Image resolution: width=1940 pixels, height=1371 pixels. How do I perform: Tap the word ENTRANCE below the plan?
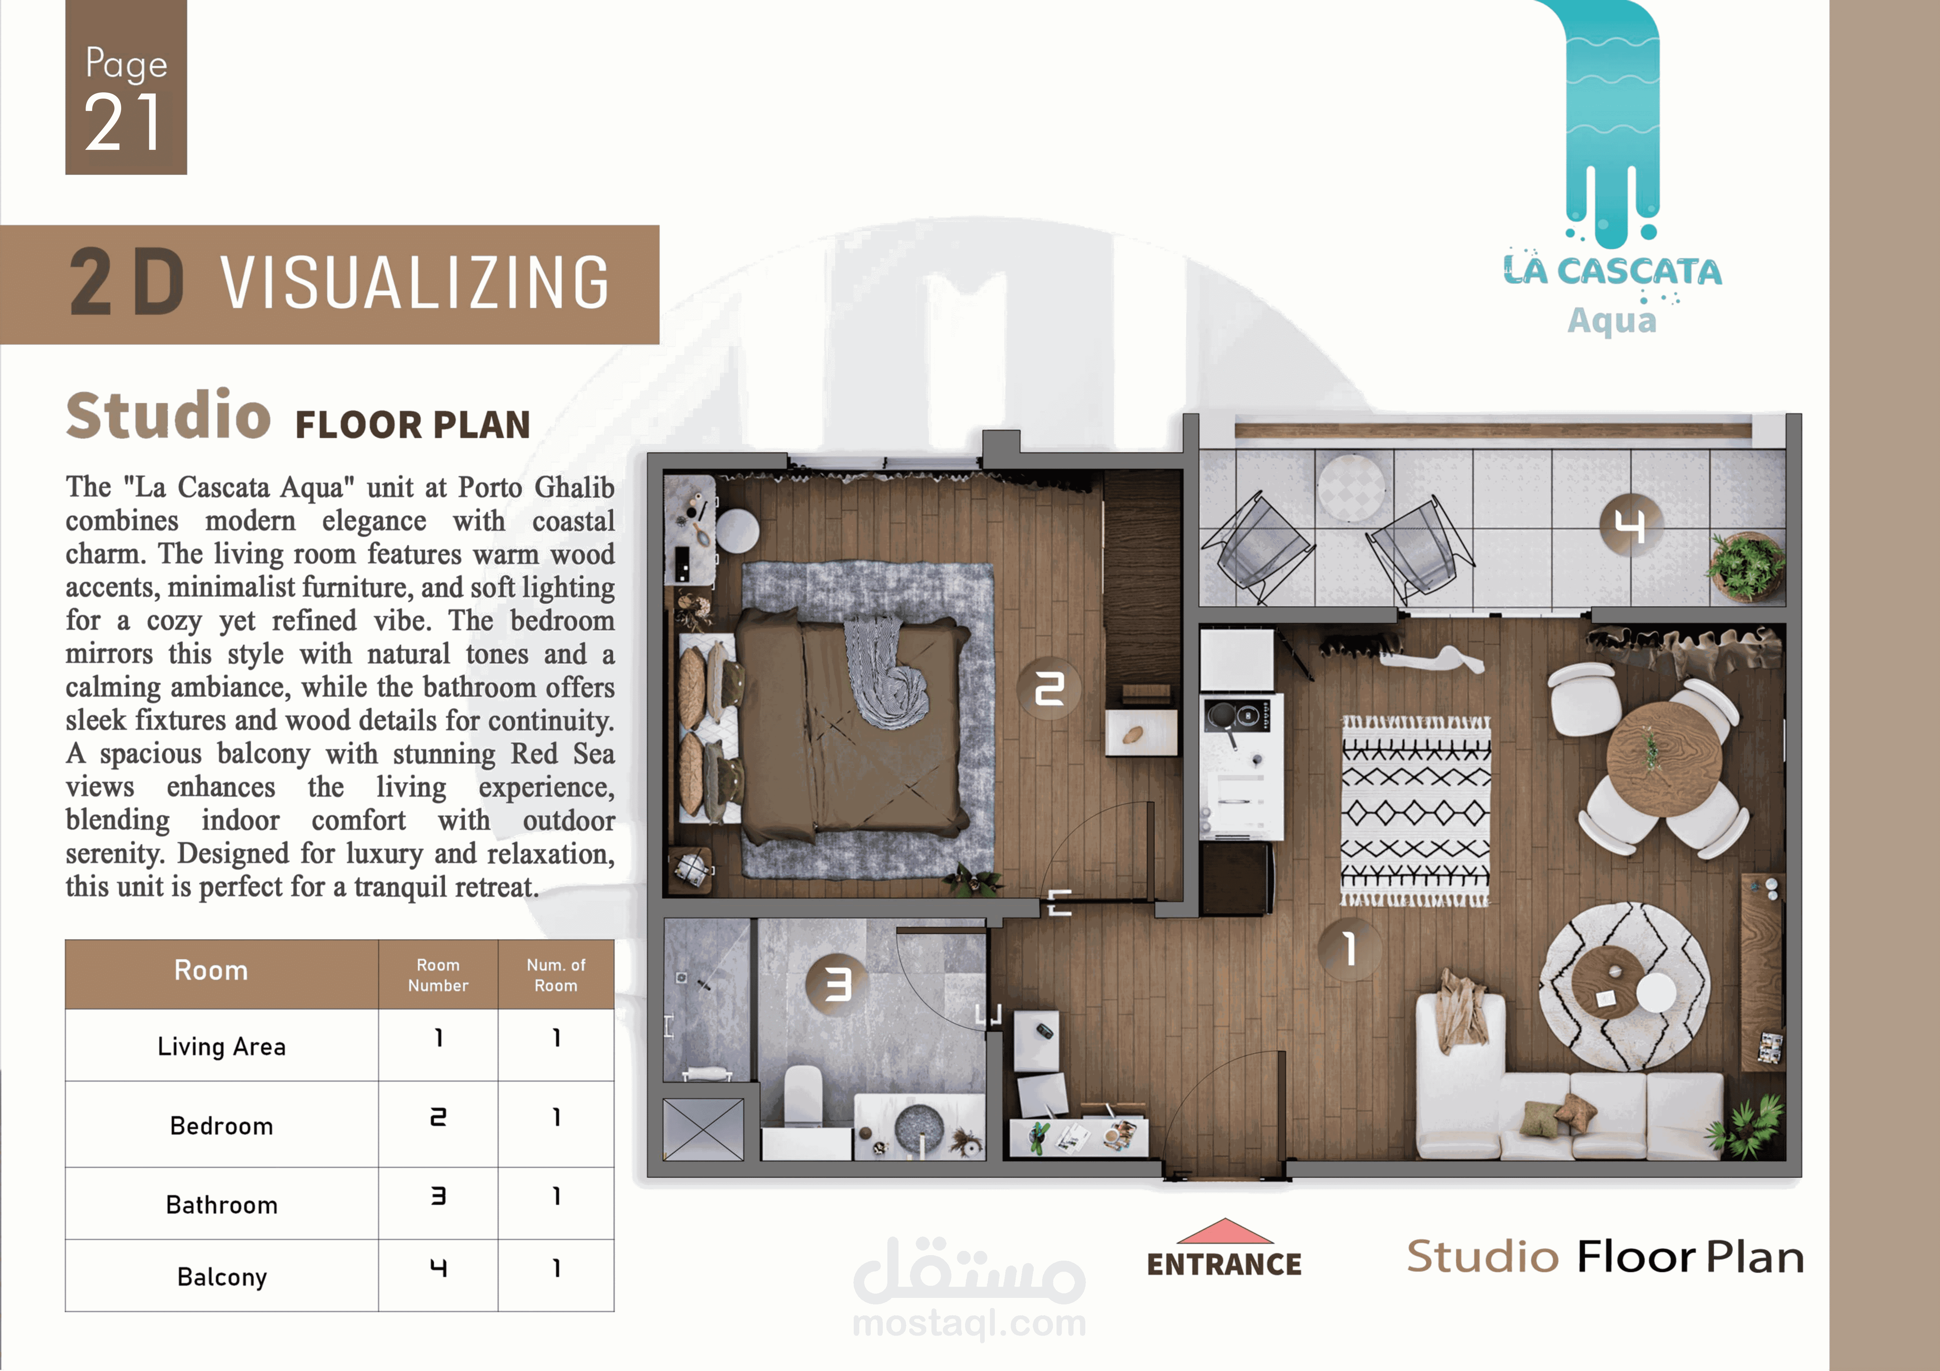tap(1224, 1264)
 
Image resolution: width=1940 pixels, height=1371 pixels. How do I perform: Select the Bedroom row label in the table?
tap(221, 1126)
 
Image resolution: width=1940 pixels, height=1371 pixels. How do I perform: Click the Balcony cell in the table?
tap(221, 1276)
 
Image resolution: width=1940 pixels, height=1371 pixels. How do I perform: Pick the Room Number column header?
tap(438, 975)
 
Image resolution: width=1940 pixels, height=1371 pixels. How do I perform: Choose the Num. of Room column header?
tap(556, 975)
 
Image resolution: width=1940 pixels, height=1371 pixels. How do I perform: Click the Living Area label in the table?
tap(221, 1047)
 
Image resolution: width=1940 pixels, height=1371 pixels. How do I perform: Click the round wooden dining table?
tap(1664, 759)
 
